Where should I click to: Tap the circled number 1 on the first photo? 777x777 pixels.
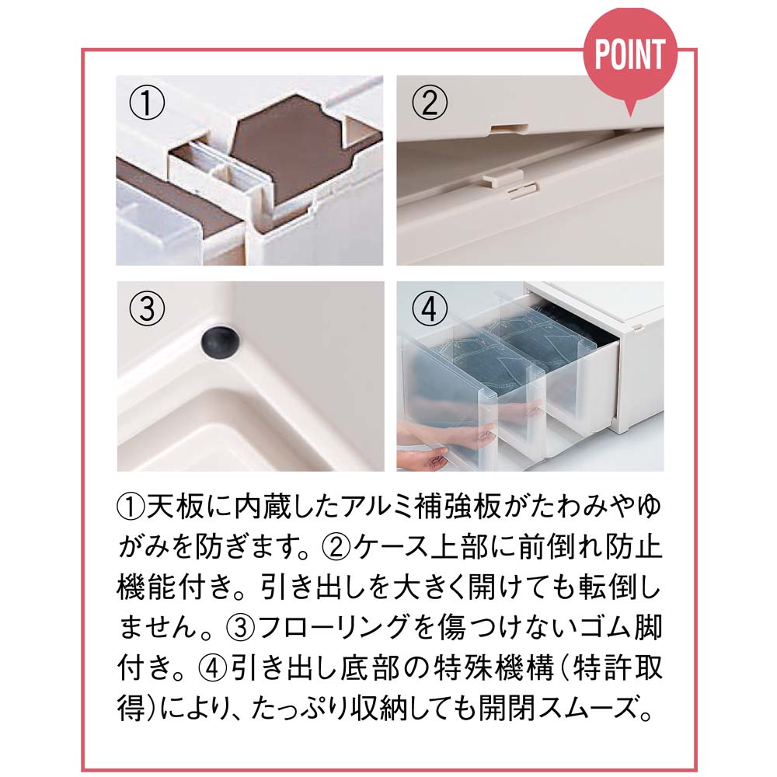click(147, 103)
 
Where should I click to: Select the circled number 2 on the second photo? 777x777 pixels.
click(430, 103)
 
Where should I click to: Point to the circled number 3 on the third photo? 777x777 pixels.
click(147, 308)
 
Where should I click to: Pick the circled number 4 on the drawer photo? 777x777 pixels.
click(430, 308)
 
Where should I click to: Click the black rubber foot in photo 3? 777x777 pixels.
click(220, 341)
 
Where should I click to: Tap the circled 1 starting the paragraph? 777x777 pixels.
click(131, 507)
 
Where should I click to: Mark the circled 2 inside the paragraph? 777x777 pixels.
click(337, 546)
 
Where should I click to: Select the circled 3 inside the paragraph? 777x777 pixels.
click(241, 627)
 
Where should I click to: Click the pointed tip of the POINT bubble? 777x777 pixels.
click(629, 116)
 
